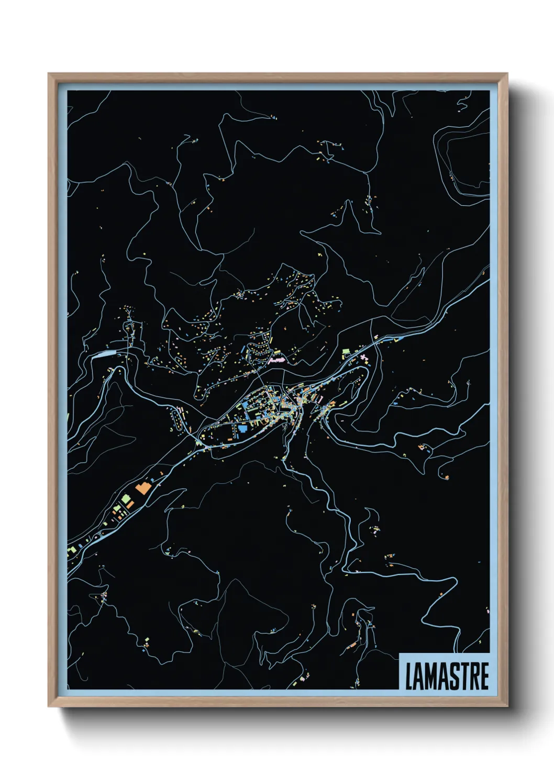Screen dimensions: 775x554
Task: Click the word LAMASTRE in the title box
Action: [x=447, y=676]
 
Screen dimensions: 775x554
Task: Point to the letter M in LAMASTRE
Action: [x=429, y=676]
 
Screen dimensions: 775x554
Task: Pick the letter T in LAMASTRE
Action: [x=462, y=676]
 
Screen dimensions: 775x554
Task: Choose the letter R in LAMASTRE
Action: [x=472, y=676]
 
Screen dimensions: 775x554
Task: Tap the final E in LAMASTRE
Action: [x=484, y=676]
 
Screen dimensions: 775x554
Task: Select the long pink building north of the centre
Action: [x=276, y=360]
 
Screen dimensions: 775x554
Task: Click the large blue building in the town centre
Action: [x=242, y=429]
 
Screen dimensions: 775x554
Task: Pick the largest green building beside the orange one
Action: [x=126, y=500]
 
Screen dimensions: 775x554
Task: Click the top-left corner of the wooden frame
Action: [x=49, y=74]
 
